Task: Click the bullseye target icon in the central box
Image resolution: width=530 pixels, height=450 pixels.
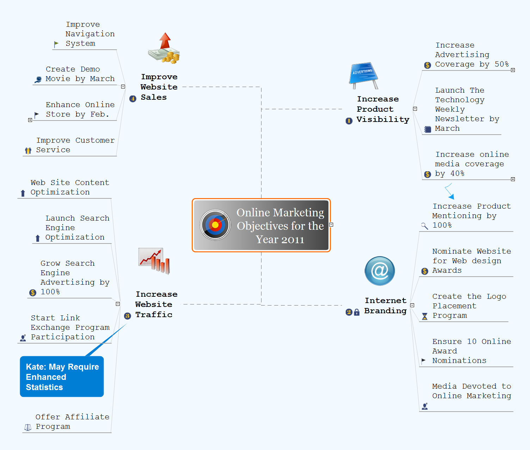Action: [215, 225]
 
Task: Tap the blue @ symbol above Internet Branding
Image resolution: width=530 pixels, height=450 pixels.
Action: [380, 271]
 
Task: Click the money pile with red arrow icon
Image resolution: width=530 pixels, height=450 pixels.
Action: [164, 48]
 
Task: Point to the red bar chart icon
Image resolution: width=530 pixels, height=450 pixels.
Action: [154, 261]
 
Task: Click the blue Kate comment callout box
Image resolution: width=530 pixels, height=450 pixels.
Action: [62, 376]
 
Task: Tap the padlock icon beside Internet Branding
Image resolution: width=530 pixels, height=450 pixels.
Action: [357, 312]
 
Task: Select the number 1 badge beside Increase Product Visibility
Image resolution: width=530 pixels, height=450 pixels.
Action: [349, 121]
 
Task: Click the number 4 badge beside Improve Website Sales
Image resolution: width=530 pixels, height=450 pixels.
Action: [133, 99]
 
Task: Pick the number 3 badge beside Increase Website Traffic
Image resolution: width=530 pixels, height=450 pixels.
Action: [128, 316]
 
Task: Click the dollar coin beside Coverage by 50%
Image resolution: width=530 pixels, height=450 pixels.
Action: [427, 65]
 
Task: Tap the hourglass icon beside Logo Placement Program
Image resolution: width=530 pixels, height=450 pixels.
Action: [425, 316]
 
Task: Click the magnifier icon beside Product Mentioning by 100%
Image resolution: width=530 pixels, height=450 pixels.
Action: [425, 226]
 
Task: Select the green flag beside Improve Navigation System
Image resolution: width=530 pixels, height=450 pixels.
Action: [56, 44]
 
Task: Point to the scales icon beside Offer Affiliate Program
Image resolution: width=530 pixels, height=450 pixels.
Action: [28, 427]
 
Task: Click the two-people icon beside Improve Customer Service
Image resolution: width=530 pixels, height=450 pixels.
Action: [28, 151]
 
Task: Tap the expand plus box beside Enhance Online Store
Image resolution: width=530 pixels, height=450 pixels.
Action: [30, 120]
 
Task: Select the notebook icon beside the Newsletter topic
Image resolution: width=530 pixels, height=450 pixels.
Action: [427, 129]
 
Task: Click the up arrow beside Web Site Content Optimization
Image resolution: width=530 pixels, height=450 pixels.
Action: [23, 193]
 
